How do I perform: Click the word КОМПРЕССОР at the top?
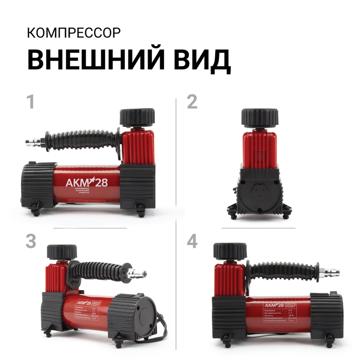74,33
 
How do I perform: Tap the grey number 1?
30,102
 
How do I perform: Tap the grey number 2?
192,102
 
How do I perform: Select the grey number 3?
31,241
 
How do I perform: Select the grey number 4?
192,241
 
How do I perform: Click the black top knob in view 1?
137,117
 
